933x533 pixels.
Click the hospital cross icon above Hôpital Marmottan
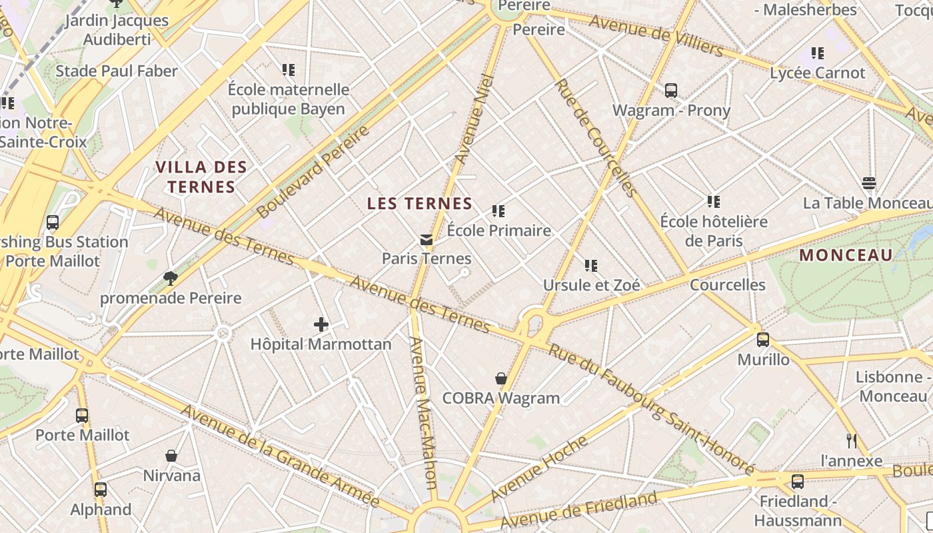click(321, 324)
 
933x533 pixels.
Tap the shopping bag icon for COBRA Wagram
click(501, 378)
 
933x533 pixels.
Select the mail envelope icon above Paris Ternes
click(426, 240)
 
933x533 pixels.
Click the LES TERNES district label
click(420, 204)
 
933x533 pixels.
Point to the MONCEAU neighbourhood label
click(846, 255)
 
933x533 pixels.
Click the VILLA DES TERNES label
click(201, 177)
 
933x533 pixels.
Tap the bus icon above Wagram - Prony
click(671, 91)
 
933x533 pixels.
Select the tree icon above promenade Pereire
click(171, 278)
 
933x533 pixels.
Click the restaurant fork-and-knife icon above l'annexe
click(851, 440)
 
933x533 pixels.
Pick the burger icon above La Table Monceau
click(868, 183)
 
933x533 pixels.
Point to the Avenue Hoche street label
click(540, 468)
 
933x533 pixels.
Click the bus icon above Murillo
click(763, 340)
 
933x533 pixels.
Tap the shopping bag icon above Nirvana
click(171, 456)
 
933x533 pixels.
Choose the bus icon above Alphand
click(101, 490)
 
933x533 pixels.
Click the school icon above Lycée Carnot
click(818, 53)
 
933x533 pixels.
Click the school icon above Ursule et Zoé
click(590, 266)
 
